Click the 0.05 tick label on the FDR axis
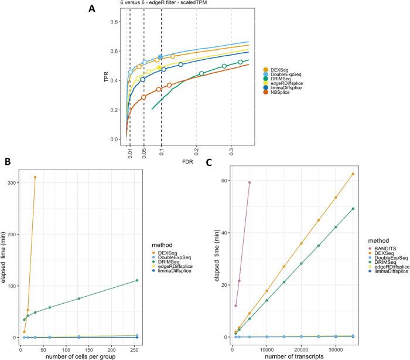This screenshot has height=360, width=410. pos(143,155)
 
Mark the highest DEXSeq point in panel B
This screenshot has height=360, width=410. pos(35,177)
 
